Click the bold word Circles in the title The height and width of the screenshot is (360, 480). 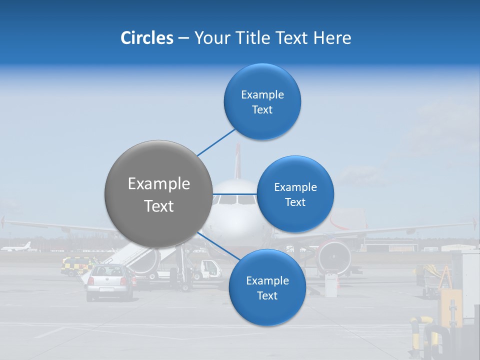coord(146,38)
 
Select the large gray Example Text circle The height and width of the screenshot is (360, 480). coord(158,194)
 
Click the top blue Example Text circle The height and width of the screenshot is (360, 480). coord(262,101)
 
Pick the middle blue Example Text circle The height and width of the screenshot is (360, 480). coord(295,194)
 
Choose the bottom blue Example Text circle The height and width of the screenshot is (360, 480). coord(267,287)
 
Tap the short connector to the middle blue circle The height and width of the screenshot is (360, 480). coord(235,194)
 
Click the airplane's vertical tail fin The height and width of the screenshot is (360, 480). coord(238,160)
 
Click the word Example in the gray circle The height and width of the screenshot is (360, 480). coord(158,184)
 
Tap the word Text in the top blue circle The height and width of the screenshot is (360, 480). coord(262,110)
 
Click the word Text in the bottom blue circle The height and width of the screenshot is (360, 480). coord(267,296)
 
